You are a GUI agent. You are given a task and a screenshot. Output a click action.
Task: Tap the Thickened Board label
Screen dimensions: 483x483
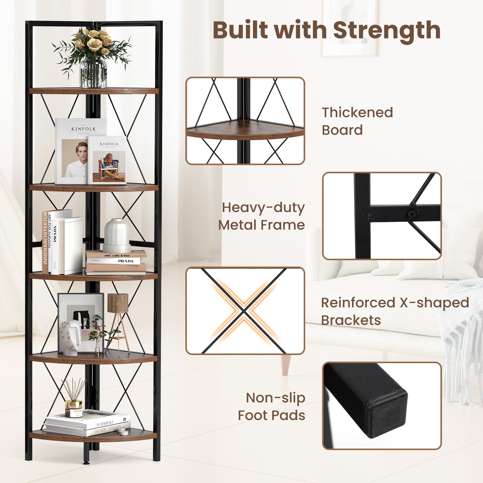pos(357,121)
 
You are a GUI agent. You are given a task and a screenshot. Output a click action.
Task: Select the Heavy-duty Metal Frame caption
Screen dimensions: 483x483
pos(261,216)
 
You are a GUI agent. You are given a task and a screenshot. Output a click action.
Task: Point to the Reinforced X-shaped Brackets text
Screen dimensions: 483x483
pos(395,311)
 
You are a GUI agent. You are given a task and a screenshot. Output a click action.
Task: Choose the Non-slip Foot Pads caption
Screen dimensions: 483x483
pos(271,406)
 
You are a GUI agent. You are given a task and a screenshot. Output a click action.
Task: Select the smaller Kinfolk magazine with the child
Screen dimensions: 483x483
pos(107,160)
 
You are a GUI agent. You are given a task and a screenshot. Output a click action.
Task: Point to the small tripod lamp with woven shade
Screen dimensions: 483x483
pos(117,317)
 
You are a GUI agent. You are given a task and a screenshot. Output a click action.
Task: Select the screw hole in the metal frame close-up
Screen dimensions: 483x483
pos(412,215)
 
